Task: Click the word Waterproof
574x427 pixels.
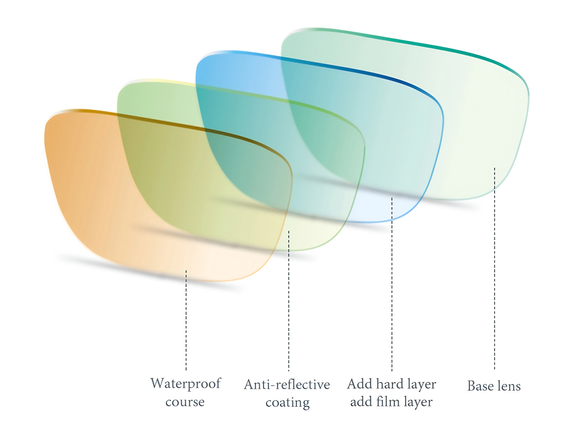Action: point(186,384)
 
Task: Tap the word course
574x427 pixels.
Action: point(185,402)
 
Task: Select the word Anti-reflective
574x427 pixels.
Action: point(287,385)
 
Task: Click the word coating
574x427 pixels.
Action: point(287,403)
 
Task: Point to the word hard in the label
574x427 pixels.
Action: point(390,384)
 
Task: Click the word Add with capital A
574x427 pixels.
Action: point(360,384)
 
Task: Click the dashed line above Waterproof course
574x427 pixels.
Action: point(186,323)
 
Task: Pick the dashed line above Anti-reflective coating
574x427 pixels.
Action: point(289,303)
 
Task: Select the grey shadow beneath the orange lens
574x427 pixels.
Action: point(152,273)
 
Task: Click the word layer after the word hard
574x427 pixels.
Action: point(421,384)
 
